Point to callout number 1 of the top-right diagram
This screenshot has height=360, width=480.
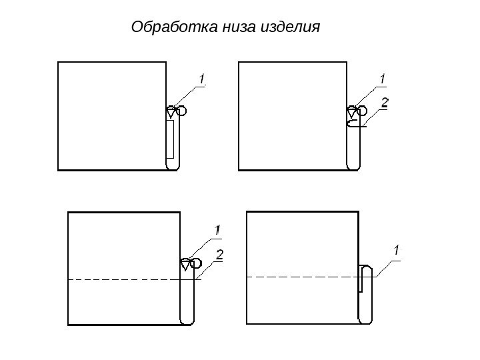coord(382,79)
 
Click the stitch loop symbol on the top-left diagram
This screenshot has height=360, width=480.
coord(176,111)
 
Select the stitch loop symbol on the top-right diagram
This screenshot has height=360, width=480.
coord(356,111)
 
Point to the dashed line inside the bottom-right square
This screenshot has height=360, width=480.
coord(300,276)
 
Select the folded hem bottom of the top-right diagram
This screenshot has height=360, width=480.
coord(354,166)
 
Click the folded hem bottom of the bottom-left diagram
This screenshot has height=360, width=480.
coord(188,321)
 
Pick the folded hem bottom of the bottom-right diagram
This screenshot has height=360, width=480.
coord(366,319)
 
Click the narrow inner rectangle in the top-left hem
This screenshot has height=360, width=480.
coord(170,139)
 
